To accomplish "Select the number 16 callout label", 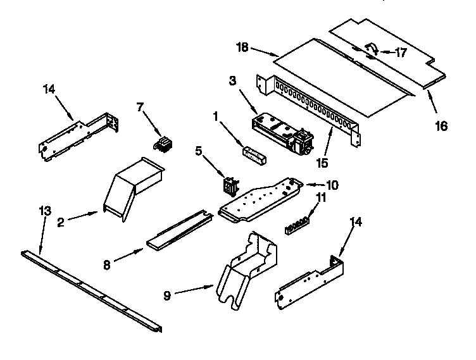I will tap(441, 126).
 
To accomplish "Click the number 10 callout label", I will tap(332, 185).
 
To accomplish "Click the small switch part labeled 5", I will tap(229, 185).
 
